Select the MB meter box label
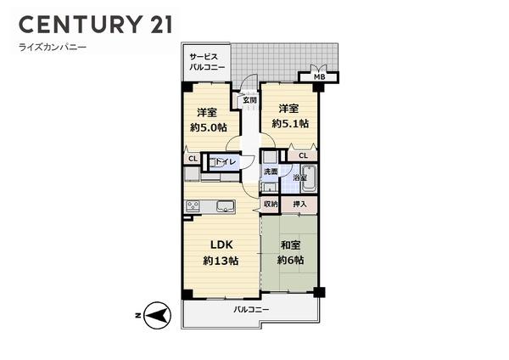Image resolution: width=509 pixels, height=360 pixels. pyautogui.click(x=319, y=77)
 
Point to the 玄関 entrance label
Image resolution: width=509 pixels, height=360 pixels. pyautogui.click(x=249, y=99)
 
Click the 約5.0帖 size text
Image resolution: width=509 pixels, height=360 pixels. pyautogui.click(x=208, y=127)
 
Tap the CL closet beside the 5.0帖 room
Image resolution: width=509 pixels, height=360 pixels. pyautogui.click(x=193, y=157)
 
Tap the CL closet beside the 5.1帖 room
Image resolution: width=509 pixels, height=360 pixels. pyautogui.click(x=303, y=156)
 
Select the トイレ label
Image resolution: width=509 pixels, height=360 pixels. pyautogui.click(x=226, y=161)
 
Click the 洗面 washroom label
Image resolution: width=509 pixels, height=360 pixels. pyautogui.click(x=270, y=172)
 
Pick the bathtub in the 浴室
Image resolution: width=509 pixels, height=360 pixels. pyautogui.click(x=308, y=178)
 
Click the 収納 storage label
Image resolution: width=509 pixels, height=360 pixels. pyautogui.click(x=270, y=205)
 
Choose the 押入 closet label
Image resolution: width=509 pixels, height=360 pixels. pyautogui.click(x=299, y=205)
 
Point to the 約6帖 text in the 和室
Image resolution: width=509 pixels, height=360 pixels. pyautogui.click(x=289, y=260)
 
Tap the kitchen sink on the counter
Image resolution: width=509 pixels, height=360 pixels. pyautogui.click(x=226, y=206)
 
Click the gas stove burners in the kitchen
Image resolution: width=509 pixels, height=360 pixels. pyautogui.click(x=193, y=205)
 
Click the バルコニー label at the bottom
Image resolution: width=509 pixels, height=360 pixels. pyautogui.click(x=251, y=310)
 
